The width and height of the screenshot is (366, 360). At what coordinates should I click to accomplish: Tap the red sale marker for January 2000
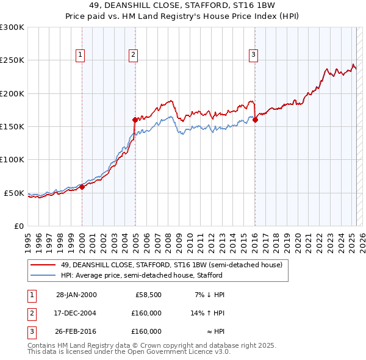[x=82, y=187]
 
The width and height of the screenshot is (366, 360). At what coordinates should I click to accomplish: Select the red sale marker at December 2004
[x=135, y=120]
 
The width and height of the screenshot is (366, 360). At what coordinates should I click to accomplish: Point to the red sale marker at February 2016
[x=255, y=120]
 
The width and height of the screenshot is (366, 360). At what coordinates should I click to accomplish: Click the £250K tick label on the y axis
[x=12, y=60]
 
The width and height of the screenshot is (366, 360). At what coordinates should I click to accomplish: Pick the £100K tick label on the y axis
[x=12, y=160]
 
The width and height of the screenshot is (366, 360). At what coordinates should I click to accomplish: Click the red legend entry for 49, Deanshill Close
[x=171, y=265]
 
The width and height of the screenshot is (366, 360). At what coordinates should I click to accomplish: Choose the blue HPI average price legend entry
[x=145, y=276]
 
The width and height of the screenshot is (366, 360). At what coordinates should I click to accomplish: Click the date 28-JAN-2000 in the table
[x=76, y=295]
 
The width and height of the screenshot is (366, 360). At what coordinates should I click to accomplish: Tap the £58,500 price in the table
[x=148, y=295]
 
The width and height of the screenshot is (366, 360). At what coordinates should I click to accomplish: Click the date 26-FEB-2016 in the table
[x=76, y=331]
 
